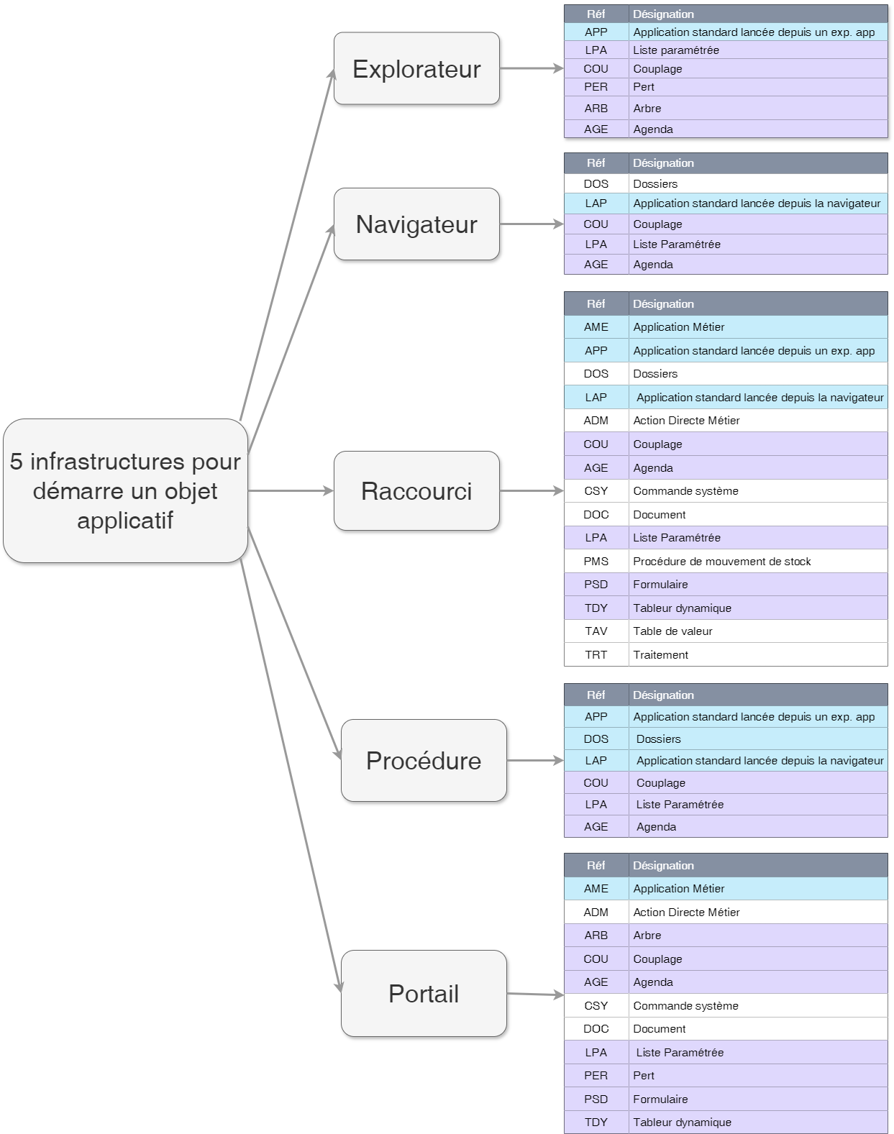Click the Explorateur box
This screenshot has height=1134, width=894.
pos(416,68)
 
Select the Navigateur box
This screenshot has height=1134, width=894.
pos(416,224)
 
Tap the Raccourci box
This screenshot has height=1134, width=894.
pos(416,491)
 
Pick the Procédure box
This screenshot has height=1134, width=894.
pos(424,761)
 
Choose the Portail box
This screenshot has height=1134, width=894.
pos(424,994)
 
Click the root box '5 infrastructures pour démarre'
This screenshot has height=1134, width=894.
pos(125,491)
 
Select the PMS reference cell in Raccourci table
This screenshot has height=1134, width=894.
pos(596,562)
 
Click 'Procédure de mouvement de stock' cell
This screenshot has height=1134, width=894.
pos(721,562)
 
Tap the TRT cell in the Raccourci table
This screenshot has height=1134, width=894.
pos(596,655)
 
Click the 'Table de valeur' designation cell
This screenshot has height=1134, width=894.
pos(672,631)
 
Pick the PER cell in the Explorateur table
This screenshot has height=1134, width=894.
pos(596,87)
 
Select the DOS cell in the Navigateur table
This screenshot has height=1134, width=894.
pos(596,184)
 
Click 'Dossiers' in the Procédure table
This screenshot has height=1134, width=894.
pos(658,739)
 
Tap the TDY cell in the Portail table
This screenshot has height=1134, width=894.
pos(596,1122)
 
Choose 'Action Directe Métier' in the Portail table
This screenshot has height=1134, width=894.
pos(686,913)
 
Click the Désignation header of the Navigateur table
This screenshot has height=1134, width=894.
pos(663,163)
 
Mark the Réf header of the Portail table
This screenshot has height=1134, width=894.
pos(596,866)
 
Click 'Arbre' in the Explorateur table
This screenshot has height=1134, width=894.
pos(647,109)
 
